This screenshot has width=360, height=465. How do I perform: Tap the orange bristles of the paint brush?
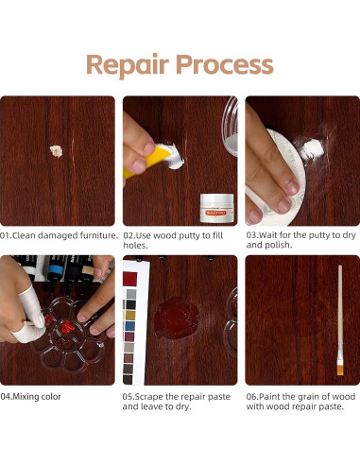[x=339, y=368]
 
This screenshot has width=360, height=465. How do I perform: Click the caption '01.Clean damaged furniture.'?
[x=59, y=234]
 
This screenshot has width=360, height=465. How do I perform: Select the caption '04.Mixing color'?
[x=30, y=396]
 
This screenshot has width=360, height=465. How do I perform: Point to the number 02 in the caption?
[x=129, y=234]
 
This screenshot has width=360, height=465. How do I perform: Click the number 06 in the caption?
[x=251, y=396]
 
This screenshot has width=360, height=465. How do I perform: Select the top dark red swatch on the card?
[x=129, y=279]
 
